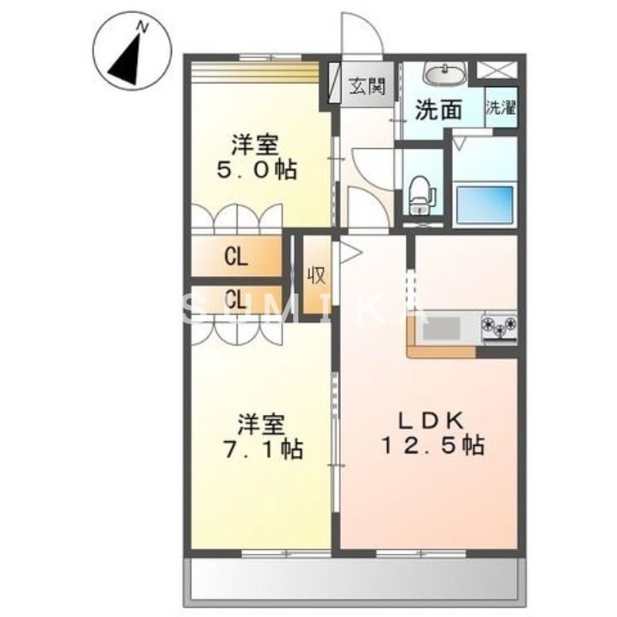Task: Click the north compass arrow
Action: pyautogui.click(x=126, y=58)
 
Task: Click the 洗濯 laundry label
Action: pyautogui.click(x=501, y=108)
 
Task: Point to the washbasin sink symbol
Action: pyautogui.click(x=443, y=76)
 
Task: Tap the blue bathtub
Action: pyautogui.click(x=484, y=204)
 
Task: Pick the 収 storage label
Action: pyautogui.click(x=316, y=275)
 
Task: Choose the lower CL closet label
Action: pyautogui.click(x=236, y=299)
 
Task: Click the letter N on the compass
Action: pyautogui.click(x=142, y=27)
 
